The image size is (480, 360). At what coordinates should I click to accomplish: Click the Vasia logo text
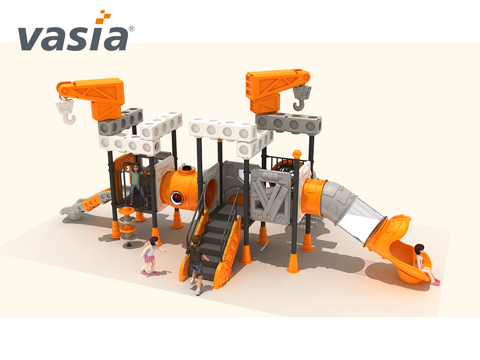coord(73,38)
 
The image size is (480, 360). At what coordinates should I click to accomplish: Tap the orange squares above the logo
coord(104,17)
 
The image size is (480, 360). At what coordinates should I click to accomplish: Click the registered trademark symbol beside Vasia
coord(132,28)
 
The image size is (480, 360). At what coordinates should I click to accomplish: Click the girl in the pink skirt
coord(151,256)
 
